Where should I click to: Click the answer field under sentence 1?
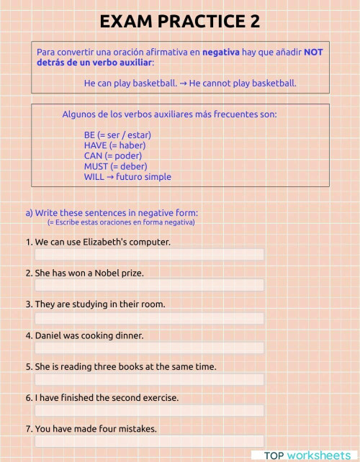[149, 254]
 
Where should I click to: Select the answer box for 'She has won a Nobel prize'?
[149, 285]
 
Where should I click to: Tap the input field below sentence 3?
[149, 317]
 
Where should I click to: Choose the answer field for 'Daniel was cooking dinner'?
[149, 348]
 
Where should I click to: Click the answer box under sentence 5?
[149, 379]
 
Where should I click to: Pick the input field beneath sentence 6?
[149, 409]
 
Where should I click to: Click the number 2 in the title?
[254, 22]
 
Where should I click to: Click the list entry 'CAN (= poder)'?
[113, 155]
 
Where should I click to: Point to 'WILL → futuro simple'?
[127, 176]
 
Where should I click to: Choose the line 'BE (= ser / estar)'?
[117, 135]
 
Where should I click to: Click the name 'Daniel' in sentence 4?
[49, 335]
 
